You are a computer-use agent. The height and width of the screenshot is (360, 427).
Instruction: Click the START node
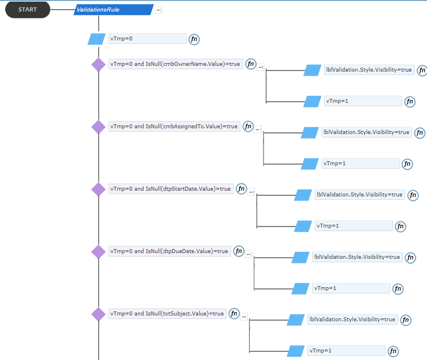coord(28,10)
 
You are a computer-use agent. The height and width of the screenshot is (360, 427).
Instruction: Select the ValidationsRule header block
coord(114,10)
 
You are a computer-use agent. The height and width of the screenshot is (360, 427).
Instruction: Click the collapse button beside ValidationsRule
coord(158,10)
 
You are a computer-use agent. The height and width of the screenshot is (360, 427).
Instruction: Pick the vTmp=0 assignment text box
coord(147,39)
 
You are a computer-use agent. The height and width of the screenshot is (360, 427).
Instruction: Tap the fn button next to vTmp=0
coord(194,39)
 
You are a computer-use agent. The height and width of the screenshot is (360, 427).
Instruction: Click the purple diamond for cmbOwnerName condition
coord(98,65)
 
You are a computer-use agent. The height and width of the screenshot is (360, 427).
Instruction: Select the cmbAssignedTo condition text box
coord(174,127)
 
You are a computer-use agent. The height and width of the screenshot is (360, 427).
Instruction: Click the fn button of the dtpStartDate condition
coord(242,189)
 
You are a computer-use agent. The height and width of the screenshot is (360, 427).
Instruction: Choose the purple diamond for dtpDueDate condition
coord(98,251)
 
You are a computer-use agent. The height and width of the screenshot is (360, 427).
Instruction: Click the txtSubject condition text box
coord(167,313)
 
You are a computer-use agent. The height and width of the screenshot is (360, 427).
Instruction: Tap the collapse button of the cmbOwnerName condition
coord(261,67)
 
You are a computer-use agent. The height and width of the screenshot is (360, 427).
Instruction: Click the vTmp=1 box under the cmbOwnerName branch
coord(363,101)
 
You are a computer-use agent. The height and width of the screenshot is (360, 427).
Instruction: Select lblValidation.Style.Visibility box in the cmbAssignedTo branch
coord(366,132)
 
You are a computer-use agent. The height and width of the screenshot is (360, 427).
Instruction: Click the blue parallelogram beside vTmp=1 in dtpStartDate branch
coord(303,227)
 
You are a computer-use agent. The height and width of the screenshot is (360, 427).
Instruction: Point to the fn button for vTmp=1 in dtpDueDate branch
coord(398,289)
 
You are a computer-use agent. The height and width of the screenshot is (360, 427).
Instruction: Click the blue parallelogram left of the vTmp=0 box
coord(96,39)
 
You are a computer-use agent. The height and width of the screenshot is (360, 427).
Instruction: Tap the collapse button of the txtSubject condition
coord(244,317)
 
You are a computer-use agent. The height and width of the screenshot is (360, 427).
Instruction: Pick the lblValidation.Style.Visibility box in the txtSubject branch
coord(352,320)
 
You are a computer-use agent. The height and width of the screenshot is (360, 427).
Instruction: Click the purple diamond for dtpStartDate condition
coord(98,190)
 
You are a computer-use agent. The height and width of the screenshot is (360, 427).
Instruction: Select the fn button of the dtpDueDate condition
coord(239,251)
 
